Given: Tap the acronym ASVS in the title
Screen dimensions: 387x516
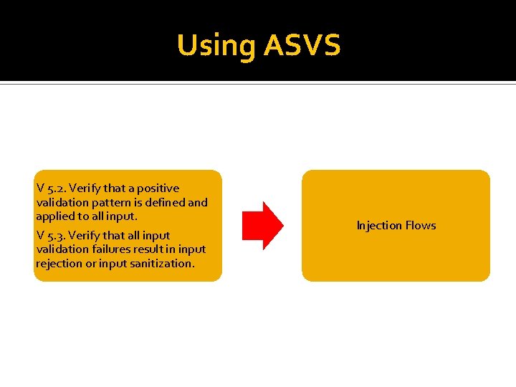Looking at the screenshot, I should click(302, 45).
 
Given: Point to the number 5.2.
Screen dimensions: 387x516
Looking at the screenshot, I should click(56, 188).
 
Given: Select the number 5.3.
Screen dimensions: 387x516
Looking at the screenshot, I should click(56, 235).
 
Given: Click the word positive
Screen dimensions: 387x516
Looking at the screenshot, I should click(157, 188).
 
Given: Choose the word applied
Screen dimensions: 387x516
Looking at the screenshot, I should click(54, 216).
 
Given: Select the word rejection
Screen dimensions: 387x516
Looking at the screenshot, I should click(59, 263).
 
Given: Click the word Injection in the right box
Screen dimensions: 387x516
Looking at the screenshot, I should click(379, 226).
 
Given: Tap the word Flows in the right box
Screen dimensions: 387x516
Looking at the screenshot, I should click(421, 226).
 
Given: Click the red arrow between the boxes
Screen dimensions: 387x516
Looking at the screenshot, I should click(262, 225).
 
